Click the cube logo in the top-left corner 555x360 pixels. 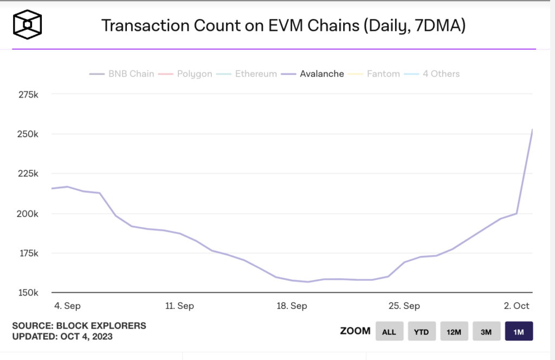point(28,25)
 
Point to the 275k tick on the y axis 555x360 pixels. point(28,94)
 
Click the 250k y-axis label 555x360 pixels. point(28,134)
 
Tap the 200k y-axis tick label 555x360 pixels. point(28,214)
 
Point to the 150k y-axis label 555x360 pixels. point(28,293)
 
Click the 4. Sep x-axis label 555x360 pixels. point(68,306)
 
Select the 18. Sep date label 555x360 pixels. point(292,306)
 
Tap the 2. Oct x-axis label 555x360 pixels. point(517,306)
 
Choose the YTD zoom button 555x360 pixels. point(422,331)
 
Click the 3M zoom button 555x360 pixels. point(486,331)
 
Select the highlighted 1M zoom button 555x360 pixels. point(519,331)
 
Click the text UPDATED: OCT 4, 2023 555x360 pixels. point(63,337)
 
